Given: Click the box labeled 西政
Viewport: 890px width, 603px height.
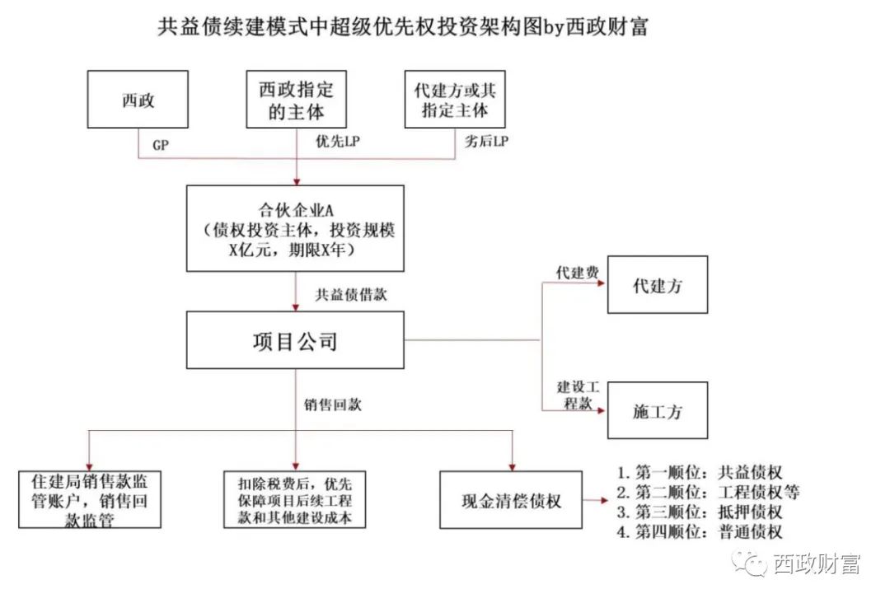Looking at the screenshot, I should tap(138, 101).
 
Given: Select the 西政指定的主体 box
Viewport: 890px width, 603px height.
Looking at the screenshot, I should tap(297, 100).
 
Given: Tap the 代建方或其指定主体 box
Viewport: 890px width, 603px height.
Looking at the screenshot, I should tap(455, 100).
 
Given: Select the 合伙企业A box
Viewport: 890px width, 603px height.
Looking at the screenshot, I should tap(296, 228).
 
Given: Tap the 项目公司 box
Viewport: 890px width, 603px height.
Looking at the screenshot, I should tap(296, 339).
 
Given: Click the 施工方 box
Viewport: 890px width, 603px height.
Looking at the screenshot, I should tap(657, 410).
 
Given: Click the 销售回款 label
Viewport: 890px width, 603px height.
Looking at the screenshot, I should tap(333, 405).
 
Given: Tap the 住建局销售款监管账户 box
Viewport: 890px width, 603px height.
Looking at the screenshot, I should tap(89, 499).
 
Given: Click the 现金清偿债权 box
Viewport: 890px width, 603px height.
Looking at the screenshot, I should tap(511, 499).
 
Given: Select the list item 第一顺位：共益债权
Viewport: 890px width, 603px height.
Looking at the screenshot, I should tap(700, 473).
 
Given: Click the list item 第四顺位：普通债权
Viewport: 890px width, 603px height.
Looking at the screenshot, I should tap(700, 532).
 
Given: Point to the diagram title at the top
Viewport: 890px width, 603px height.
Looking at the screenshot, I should tap(404, 27).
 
